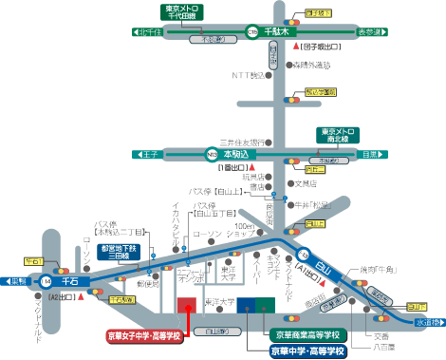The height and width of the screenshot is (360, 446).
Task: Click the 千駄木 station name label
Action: point(279,31)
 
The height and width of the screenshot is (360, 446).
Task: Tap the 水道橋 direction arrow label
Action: point(426,323)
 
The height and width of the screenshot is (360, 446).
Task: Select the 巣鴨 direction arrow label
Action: point(19,281)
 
